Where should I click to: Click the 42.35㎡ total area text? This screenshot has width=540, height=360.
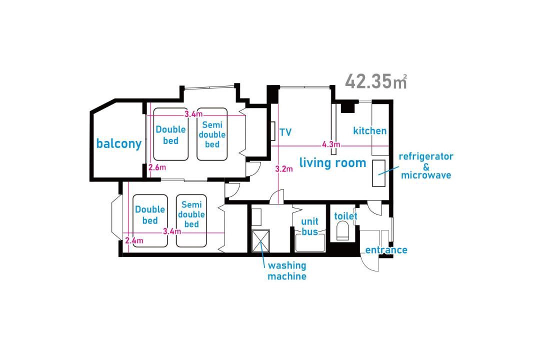pyautogui.click(x=376, y=81)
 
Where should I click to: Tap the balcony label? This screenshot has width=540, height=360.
pyautogui.click(x=119, y=143)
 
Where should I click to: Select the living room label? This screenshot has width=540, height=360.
pyautogui.click(x=332, y=162)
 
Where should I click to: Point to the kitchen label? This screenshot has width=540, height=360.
pyautogui.click(x=370, y=131)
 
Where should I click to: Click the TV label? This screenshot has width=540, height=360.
pyautogui.click(x=285, y=132)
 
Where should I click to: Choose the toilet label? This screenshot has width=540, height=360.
pyautogui.click(x=346, y=216)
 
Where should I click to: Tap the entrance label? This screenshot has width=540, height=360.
pyautogui.click(x=386, y=250)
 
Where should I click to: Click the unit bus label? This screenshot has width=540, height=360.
pyautogui.click(x=309, y=226)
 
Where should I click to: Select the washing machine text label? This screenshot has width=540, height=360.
pyautogui.click(x=287, y=271)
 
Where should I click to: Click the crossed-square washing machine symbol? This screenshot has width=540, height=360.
pyautogui.click(x=260, y=241)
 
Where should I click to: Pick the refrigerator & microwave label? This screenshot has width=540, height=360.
pyautogui.click(x=426, y=165)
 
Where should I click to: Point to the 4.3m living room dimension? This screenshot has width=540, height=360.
pyautogui.click(x=331, y=144)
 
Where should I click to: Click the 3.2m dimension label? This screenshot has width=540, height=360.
pyautogui.click(x=284, y=169)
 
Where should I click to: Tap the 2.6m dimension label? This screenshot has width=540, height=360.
pyautogui.click(x=157, y=167)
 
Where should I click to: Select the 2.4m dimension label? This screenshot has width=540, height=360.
pyautogui.click(x=134, y=240)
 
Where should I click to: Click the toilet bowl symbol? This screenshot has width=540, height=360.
pyautogui.click(x=342, y=230)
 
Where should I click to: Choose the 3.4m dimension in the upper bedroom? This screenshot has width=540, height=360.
pyautogui.click(x=193, y=114)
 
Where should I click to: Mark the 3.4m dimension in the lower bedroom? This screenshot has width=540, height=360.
pyautogui.click(x=172, y=231)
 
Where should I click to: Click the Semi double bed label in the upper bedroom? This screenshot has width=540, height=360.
pyautogui.click(x=212, y=134)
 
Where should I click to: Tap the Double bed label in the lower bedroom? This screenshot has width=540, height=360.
pyautogui.click(x=150, y=215)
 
